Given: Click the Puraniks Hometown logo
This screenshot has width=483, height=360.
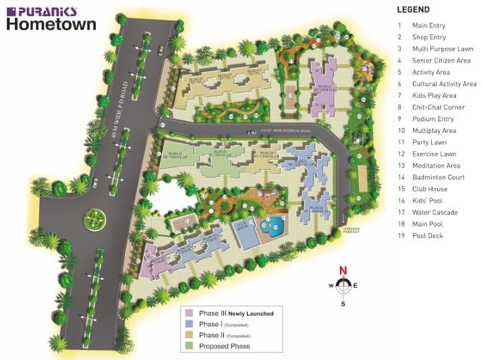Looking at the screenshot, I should pos(51,19).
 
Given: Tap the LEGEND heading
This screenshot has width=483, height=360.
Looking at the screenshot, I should pos(413,10).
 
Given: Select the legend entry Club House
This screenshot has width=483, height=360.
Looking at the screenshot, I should pos(430,189).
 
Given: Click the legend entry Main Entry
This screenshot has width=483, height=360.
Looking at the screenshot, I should pos(429,26).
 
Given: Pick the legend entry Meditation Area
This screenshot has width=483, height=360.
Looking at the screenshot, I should pos(436,166).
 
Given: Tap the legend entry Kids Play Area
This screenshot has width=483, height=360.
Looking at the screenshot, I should pos(434,96).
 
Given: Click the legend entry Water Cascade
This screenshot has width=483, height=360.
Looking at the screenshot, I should pos(434,212).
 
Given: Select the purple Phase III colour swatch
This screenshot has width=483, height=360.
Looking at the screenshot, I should pos(190,313).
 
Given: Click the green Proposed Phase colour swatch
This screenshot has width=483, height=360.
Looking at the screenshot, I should pos(190,346).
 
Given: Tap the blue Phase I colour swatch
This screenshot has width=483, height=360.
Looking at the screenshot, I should pos(190,324).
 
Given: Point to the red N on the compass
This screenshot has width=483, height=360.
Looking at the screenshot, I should pos(343,272).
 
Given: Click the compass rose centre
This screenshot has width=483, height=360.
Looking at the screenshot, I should pos(343,285).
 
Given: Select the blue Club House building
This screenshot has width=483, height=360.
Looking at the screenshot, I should pos(246,233).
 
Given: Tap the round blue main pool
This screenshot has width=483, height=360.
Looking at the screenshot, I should pos(275,227).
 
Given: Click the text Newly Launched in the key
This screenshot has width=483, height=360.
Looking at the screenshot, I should pos(250,313).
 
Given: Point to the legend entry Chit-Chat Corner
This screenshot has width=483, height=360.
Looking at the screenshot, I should pos(438,107).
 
